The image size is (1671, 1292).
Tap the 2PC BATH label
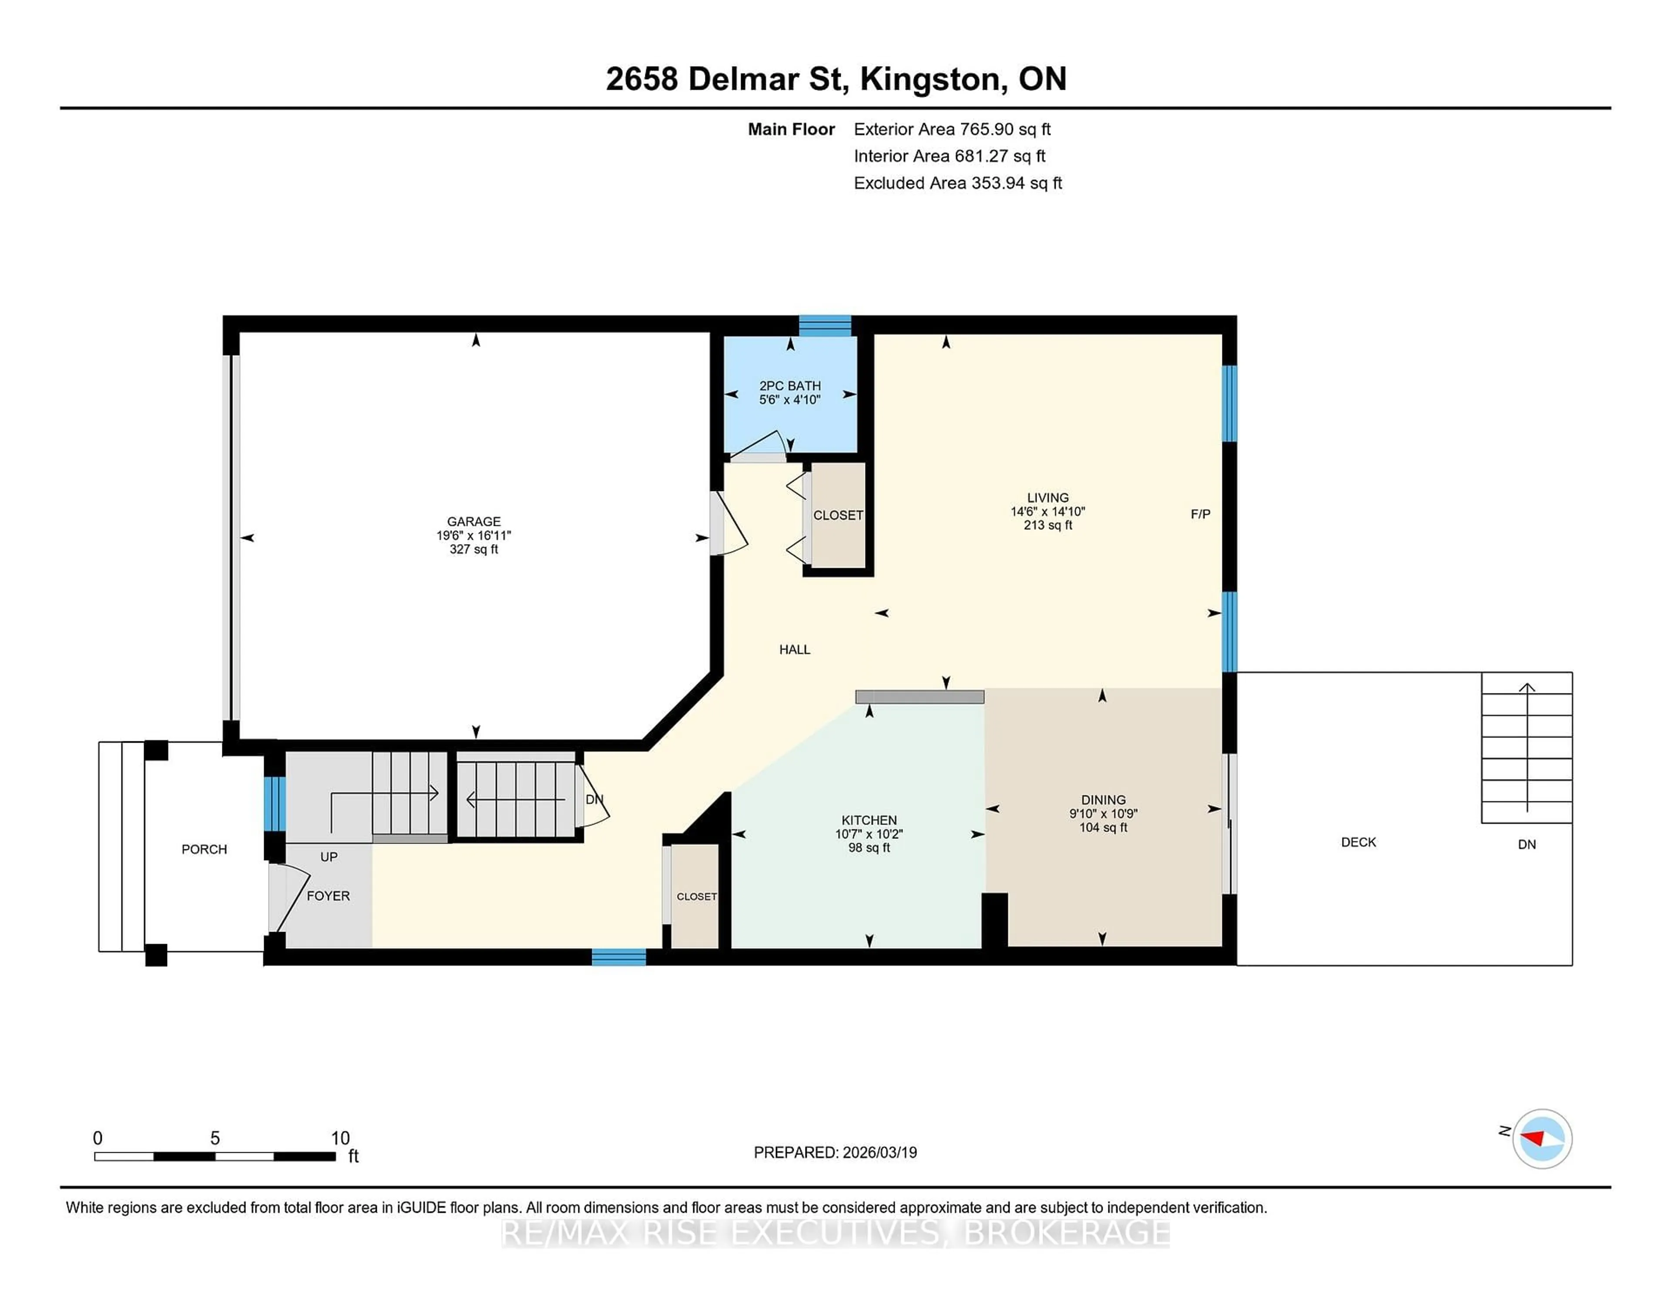click(790, 386)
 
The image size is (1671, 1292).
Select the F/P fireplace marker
click(1200, 515)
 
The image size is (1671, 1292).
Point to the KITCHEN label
click(869, 820)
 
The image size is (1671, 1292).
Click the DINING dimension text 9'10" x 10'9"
click(1103, 814)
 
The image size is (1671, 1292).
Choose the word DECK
click(1358, 842)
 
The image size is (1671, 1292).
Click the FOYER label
click(328, 895)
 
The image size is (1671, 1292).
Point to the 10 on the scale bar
click(340, 1138)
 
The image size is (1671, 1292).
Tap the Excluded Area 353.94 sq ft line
click(957, 183)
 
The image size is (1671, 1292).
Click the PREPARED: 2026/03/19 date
click(835, 1152)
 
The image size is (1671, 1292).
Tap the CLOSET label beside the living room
click(838, 515)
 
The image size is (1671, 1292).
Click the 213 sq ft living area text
click(1047, 525)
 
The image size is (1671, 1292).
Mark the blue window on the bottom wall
click(618, 957)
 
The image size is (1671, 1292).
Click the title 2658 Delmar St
click(726, 79)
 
